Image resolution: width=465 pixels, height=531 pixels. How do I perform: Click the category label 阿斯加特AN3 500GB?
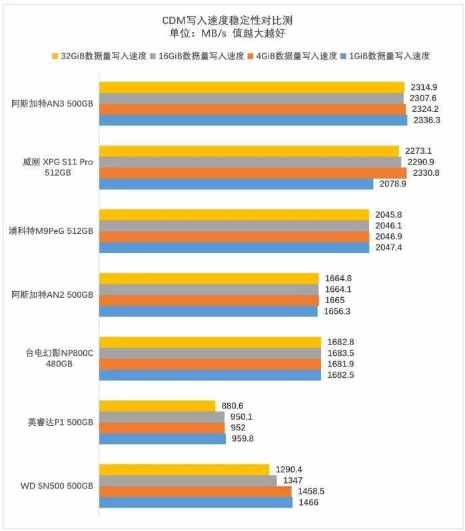pyautogui.click(x=53, y=104)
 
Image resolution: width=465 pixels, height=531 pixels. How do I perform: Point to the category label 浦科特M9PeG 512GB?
pyautogui.click(x=52, y=231)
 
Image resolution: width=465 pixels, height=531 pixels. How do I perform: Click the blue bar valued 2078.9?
pyautogui.click(x=236, y=184)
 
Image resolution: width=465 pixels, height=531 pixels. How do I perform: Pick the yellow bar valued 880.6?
pyautogui.click(x=157, y=406)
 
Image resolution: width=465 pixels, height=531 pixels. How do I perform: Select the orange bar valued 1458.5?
pyautogui.click(x=195, y=492)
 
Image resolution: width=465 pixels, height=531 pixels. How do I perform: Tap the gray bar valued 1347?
pyautogui.click(x=188, y=480)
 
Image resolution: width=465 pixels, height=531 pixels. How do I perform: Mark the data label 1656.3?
pyautogui.click(x=338, y=311)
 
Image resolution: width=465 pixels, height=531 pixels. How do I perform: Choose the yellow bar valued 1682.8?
pyautogui.click(x=210, y=342)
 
